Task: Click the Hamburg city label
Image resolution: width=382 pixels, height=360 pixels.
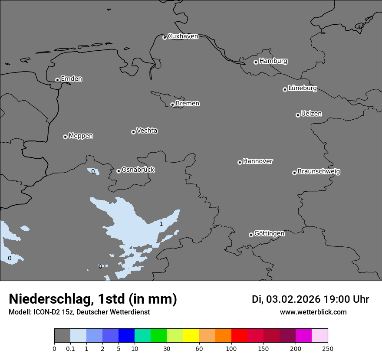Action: (273, 61)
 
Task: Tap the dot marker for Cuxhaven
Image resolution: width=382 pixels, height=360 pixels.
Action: (165, 38)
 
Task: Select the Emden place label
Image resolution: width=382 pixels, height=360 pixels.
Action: (71, 79)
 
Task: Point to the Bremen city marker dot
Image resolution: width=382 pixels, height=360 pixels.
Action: (172, 105)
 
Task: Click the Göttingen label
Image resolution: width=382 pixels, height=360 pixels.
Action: (269, 234)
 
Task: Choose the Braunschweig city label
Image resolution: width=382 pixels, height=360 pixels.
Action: (319, 172)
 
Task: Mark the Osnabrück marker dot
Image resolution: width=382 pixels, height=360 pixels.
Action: (119, 171)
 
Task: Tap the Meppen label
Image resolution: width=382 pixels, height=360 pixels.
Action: (81, 136)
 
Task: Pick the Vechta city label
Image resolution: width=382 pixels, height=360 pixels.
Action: (147, 131)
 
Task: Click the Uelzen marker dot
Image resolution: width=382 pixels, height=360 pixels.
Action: (298, 115)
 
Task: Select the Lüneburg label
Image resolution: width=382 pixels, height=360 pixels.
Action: (302, 88)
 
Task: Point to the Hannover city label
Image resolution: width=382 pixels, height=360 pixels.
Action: (257, 161)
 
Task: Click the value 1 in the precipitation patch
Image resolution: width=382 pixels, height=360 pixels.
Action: (161, 224)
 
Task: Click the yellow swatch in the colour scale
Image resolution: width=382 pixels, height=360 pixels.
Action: (191, 336)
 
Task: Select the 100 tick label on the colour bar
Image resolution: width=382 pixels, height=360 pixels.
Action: (231, 349)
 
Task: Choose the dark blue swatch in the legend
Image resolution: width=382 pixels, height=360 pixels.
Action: (126, 336)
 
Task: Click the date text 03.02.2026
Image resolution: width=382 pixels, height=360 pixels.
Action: (293, 299)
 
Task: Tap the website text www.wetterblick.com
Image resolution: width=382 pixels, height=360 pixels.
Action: (313, 312)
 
